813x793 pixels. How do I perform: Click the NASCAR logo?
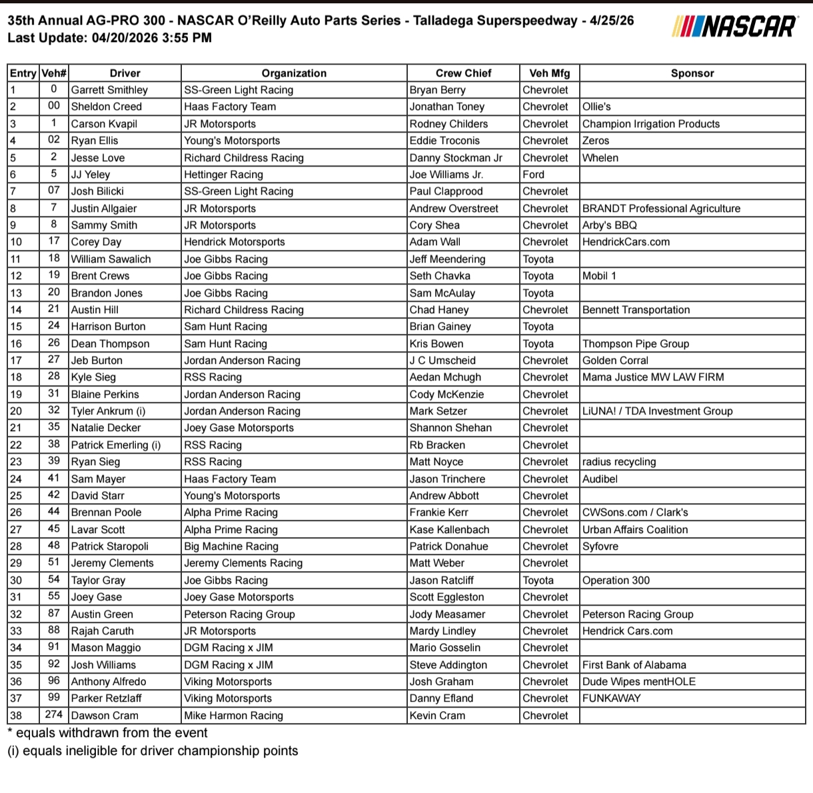pyautogui.click(x=734, y=26)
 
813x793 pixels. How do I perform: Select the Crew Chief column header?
pyautogui.click(x=463, y=73)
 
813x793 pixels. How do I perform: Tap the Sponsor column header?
pyautogui.click(x=692, y=73)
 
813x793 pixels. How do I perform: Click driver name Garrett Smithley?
pyautogui.click(x=109, y=90)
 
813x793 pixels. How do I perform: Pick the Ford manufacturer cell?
pyautogui.click(x=533, y=175)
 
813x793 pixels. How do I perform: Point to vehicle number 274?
pyautogui.click(x=54, y=715)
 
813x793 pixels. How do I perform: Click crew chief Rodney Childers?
pyautogui.click(x=448, y=124)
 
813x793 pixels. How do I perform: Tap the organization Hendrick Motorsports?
pyautogui.click(x=234, y=242)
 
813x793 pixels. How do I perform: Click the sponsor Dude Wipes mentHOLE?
pyautogui.click(x=638, y=682)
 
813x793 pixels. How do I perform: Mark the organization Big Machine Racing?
pyautogui.click(x=231, y=546)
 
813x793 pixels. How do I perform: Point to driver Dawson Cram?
pyautogui.click(x=105, y=716)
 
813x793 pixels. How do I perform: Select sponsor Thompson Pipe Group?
pyautogui.click(x=635, y=344)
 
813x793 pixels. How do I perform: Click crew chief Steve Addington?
pyautogui.click(x=448, y=665)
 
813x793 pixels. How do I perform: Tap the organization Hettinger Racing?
pyautogui.click(x=223, y=175)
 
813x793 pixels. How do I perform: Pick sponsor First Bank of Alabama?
pyautogui.click(x=634, y=665)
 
